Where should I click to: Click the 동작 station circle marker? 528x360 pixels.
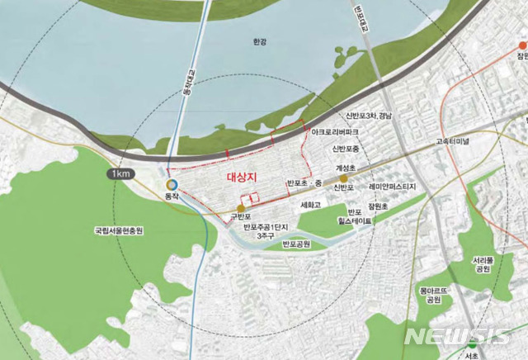172,185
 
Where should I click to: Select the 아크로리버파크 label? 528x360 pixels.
332,131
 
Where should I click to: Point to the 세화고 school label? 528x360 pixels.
310,204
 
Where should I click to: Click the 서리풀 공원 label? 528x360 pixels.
483,264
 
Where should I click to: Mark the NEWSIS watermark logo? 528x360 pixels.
458,336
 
